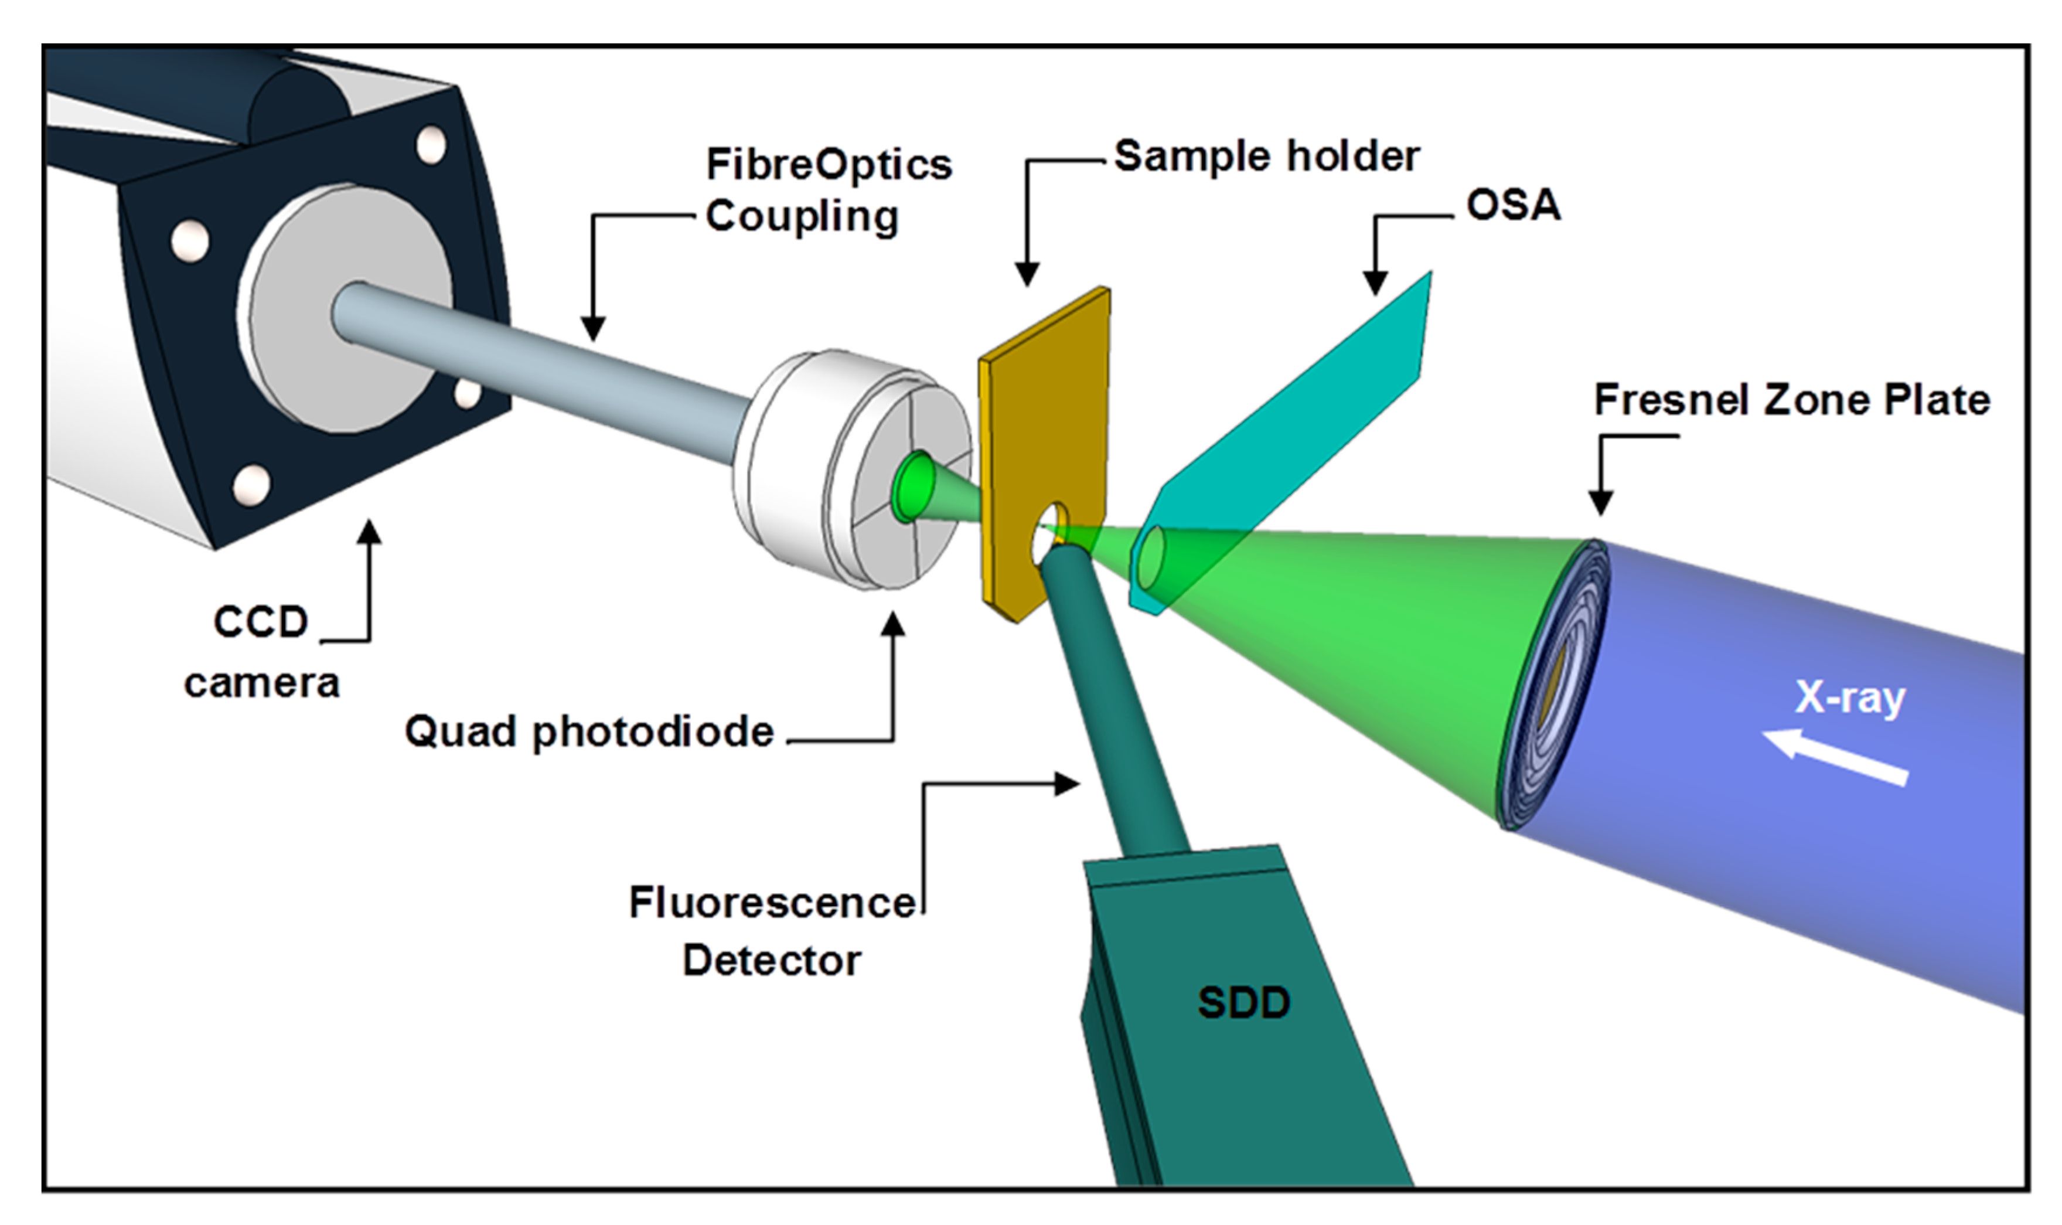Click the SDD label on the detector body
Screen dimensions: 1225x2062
click(x=1243, y=1003)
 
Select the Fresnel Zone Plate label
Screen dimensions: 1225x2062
click(x=1791, y=400)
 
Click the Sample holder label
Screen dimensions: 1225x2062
click(x=1267, y=156)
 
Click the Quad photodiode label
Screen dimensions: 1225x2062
click(x=589, y=731)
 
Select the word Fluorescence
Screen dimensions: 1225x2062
click(x=772, y=902)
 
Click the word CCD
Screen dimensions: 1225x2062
click(x=260, y=621)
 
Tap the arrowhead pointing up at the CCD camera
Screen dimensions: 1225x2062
click(x=370, y=532)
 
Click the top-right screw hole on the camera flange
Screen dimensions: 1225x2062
click(x=430, y=145)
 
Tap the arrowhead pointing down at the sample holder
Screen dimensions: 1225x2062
click(x=1027, y=274)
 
